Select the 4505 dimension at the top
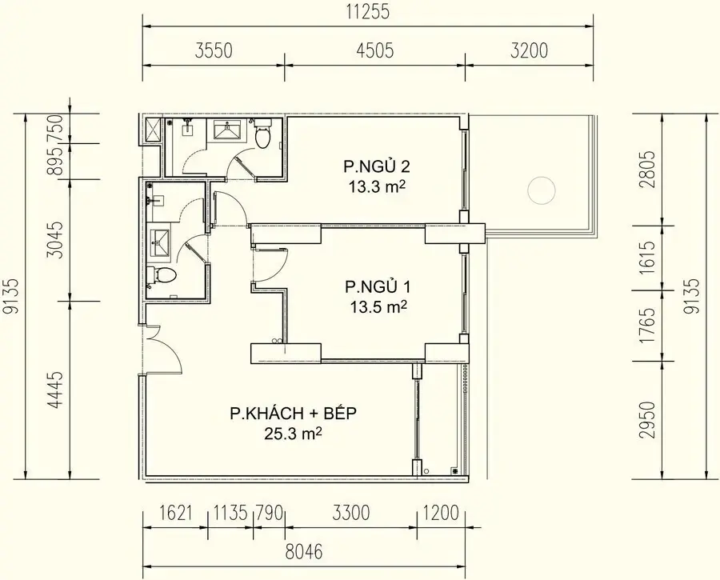pyautogui.click(x=374, y=51)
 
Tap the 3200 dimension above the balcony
pyautogui.click(x=529, y=51)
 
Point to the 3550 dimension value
pyautogui.click(x=213, y=51)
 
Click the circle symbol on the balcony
pyautogui.click(x=541, y=190)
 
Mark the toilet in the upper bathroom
pyautogui.click(x=263, y=136)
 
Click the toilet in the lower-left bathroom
pyautogui.click(x=164, y=277)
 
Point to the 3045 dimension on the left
pyautogui.click(x=54, y=239)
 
